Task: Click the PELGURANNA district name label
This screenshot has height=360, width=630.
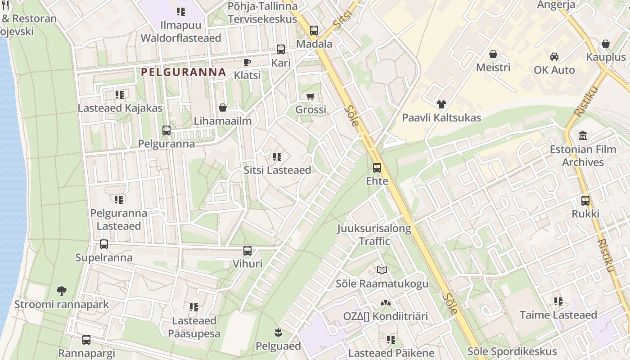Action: tap(183, 72)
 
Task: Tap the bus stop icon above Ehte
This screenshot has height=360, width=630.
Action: tap(377, 168)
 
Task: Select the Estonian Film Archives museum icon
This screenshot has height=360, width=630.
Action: tap(583, 135)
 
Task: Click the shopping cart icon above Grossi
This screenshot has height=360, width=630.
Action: tap(310, 96)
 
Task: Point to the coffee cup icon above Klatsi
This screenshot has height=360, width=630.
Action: tap(247, 62)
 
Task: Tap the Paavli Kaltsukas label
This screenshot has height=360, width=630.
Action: tap(441, 118)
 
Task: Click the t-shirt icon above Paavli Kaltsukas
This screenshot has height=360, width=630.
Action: tap(441, 104)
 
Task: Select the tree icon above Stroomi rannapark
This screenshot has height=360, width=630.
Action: tap(61, 291)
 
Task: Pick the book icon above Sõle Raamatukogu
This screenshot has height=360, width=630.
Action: tap(382, 270)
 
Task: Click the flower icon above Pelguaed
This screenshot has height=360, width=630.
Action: tap(278, 333)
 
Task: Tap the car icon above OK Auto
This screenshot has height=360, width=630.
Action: tap(554, 57)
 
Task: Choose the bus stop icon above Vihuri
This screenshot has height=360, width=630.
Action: tap(247, 251)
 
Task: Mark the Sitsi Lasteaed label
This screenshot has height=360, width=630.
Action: tap(277, 170)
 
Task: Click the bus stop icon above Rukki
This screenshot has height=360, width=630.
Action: tap(585, 201)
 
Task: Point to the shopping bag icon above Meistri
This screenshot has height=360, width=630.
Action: tap(493, 54)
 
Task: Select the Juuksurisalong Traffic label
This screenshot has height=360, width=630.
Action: tap(374, 234)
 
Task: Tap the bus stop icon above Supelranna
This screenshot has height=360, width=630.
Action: tap(104, 244)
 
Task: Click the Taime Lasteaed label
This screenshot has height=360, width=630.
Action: tap(558, 315)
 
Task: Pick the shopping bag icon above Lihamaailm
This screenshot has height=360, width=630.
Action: tap(222, 108)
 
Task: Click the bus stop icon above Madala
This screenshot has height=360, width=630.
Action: tap(314, 31)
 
